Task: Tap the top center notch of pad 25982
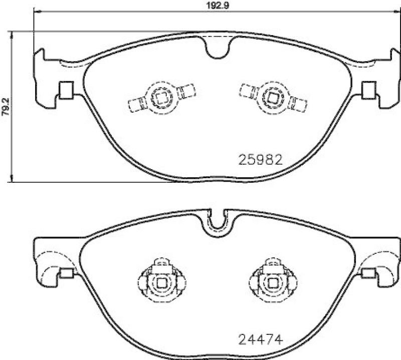click(218, 49)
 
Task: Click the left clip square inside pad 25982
click(161, 96)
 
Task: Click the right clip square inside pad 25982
click(274, 96)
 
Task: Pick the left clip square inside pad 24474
click(161, 283)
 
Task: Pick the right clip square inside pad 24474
click(273, 283)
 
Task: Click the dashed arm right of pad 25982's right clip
click(299, 105)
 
